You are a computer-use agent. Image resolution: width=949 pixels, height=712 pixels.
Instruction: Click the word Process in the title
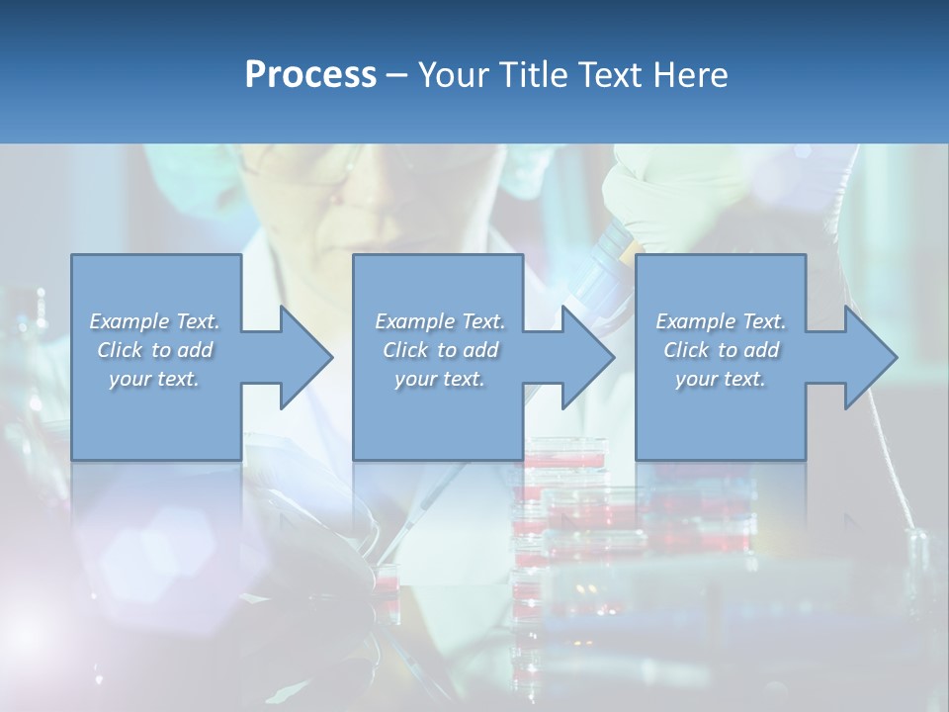tap(310, 75)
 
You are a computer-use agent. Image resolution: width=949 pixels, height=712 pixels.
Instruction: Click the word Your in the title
tap(451, 75)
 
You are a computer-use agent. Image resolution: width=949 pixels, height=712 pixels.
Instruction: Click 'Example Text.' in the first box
tap(154, 321)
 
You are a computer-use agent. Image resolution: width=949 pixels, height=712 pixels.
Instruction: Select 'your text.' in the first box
tap(154, 379)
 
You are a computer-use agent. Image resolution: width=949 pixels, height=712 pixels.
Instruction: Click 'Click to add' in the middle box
tap(440, 350)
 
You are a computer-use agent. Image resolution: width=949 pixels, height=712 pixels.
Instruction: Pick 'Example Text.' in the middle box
tap(440, 321)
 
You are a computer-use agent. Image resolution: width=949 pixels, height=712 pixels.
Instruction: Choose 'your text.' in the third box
tap(721, 379)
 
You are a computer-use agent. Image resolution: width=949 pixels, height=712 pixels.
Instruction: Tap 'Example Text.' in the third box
tap(721, 321)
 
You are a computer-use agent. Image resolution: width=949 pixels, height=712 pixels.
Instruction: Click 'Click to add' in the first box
tap(154, 350)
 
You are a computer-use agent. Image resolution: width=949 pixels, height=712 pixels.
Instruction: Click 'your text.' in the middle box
tap(440, 379)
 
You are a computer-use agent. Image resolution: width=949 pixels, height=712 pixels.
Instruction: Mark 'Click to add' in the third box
tap(721, 350)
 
